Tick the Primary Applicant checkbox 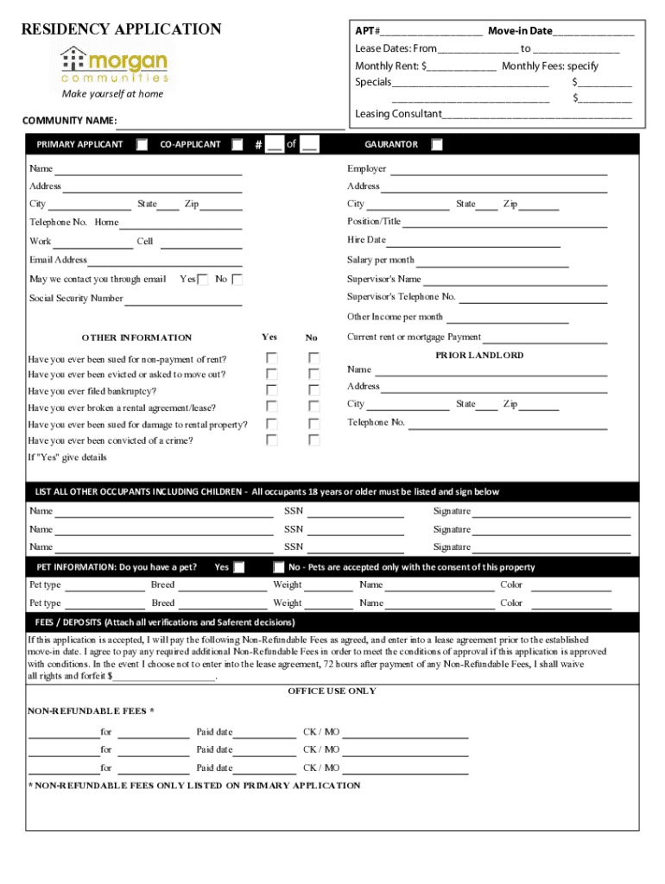pyautogui.click(x=142, y=145)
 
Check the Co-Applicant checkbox pyautogui.click(x=237, y=145)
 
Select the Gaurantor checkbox pyautogui.click(x=437, y=145)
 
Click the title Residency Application pyautogui.click(x=121, y=29)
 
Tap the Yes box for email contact pyautogui.click(x=203, y=280)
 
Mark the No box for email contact pyautogui.click(x=237, y=280)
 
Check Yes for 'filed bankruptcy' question pyautogui.click(x=271, y=390)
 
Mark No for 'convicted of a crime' pyautogui.click(x=314, y=440)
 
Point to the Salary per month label pyautogui.click(x=381, y=260)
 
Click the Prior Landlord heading pyautogui.click(x=479, y=356)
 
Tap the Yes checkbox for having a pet pyautogui.click(x=239, y=567)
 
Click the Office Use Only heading pyautogui.click(x=332, y=691)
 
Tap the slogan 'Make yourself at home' pyautogui.click(x=112, y=94)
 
